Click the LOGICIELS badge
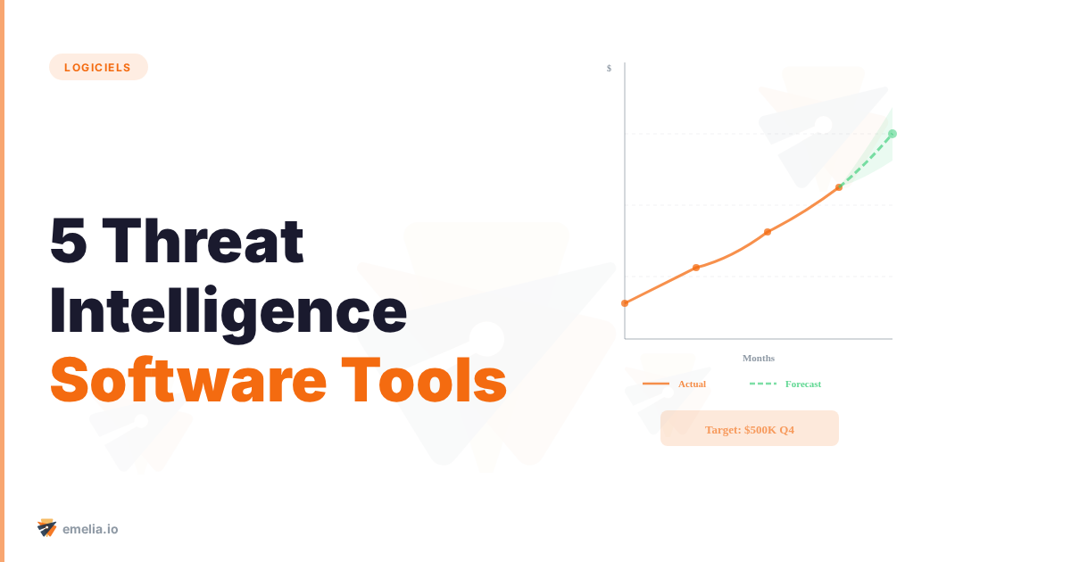click(98, 67)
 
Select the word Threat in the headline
click(209, 242)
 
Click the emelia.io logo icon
click(47, 528)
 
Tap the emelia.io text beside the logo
click(90, 529)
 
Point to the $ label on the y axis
click(609, 68)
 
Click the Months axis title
click(759, 358)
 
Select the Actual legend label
click(692, 384)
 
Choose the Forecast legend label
click(803, 384)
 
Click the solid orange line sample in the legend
click(656, 384)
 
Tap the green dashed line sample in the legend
click(763, 384)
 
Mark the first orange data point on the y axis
click(625, 303)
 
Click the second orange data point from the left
click(696, 268)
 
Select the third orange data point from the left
click(768, 232)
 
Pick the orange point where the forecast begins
click(839, 187)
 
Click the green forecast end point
click(892, 134)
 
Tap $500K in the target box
click(760, 430)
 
